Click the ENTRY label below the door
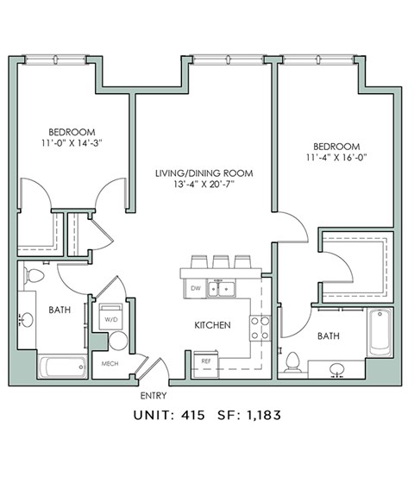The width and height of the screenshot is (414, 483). click(x=153, y=396)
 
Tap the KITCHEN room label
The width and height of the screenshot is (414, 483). click(x=210, y=325)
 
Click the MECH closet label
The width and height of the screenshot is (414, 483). click(x=110, y=363)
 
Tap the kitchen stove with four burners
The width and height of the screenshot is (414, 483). click(x=260, y=327)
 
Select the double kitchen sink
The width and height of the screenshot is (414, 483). click(x=220, y=289)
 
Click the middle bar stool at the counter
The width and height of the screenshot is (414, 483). click(x=220, y=261)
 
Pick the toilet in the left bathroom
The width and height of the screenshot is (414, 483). click(x=34, y=277)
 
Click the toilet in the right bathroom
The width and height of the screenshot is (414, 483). click(x=293, y=361)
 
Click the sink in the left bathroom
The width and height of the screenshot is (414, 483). click(x=27, y=320)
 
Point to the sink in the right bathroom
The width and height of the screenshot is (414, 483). click(x=337, y=370)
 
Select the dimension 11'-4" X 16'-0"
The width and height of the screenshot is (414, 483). click(x=336, y=159)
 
